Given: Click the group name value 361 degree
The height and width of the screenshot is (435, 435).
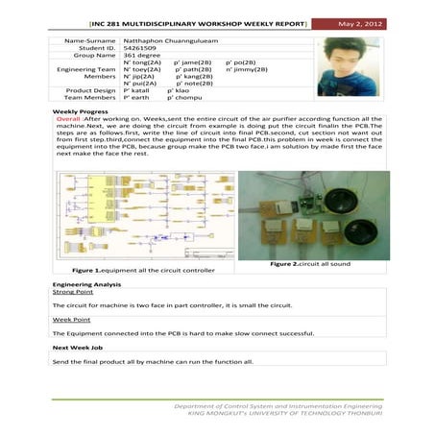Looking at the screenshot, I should [141, 56].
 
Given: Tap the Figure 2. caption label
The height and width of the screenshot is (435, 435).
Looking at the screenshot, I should [287, 263].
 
